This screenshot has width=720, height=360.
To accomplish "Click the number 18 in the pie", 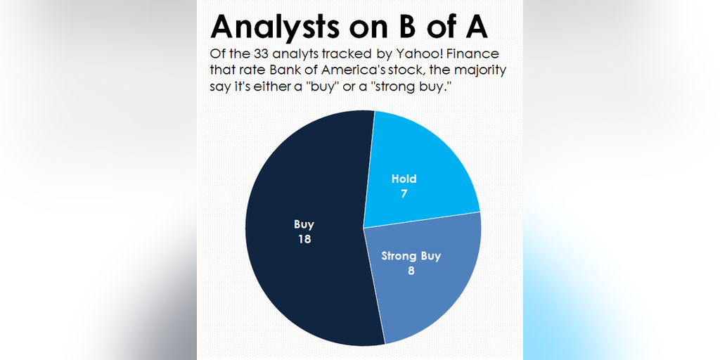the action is click(304, 239).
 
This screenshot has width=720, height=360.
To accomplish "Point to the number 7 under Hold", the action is click(404, 193).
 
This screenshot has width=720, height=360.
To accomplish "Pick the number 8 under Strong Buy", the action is click(411, 271).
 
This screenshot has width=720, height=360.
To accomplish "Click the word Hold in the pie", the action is click(404, 179).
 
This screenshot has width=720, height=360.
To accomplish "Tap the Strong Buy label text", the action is click(411, 256).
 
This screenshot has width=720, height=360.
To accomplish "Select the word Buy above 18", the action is click(304, 224).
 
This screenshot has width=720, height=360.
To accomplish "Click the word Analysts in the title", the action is click(276, 27).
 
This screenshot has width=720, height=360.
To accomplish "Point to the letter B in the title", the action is click(404, 27).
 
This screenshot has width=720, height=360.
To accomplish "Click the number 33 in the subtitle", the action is click(262, 53).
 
